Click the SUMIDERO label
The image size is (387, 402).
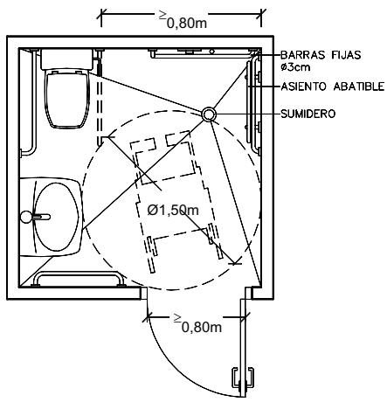(308, 114)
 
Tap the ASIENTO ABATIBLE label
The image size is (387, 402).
(333, 87)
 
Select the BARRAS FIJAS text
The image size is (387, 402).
(321, 55)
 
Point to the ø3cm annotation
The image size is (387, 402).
(295, 67)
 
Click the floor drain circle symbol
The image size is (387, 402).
(209, 114)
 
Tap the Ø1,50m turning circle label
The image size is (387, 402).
(173, 210)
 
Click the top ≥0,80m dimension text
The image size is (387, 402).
(183, 19)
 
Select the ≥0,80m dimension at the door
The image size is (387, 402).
(197, 323)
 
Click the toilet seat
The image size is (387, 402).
(66, 99)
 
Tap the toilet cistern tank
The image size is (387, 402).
(67, 59)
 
